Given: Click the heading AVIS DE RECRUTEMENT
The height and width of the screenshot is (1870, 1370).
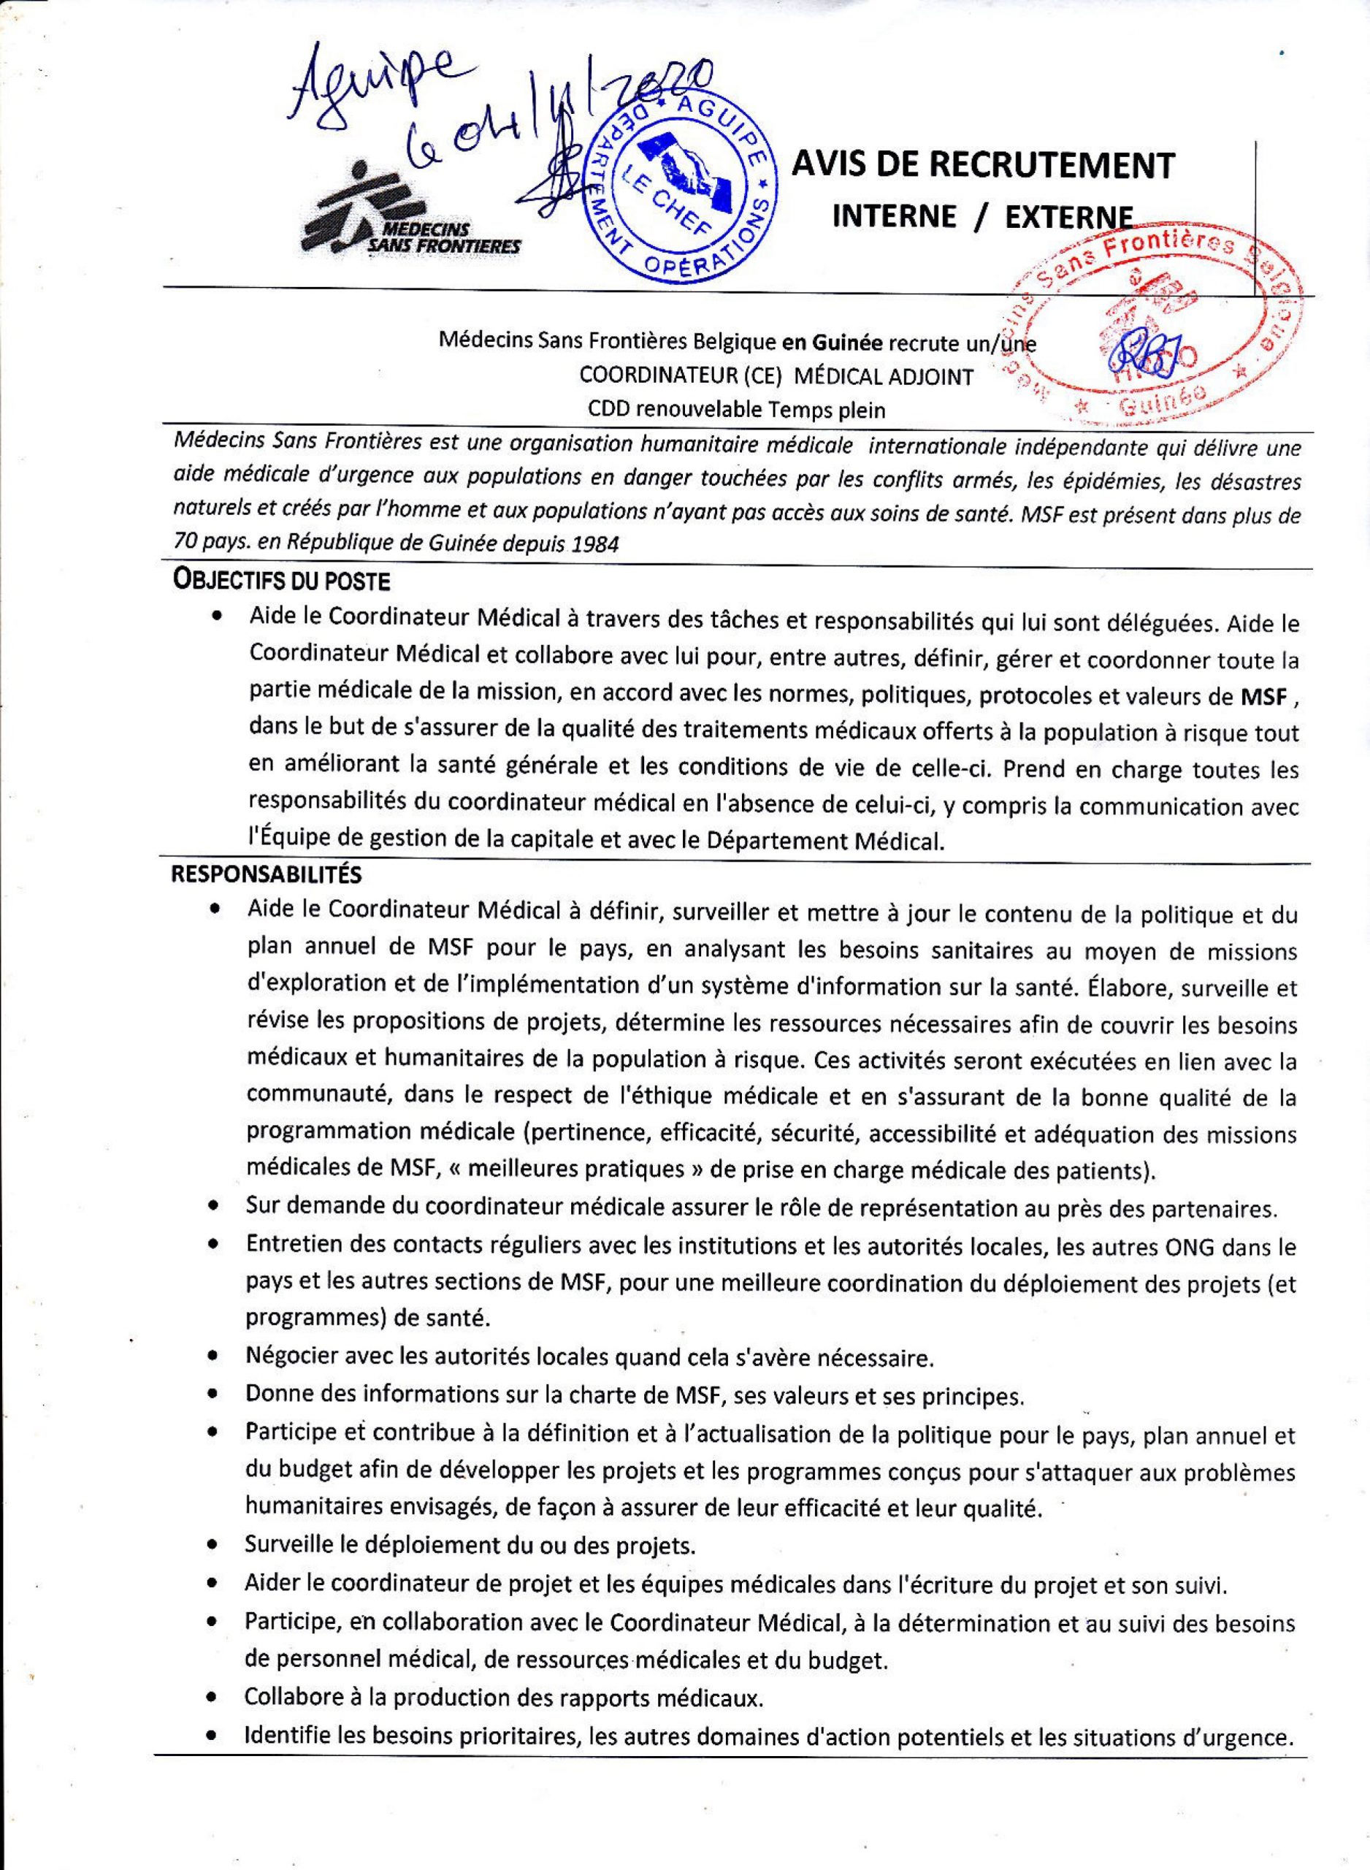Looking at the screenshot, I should click(x=984, y=165).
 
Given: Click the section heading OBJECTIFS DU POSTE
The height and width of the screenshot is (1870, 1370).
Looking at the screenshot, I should click(x=280, y=581).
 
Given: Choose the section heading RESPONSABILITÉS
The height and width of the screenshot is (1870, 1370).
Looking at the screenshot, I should click(x=265, y=874).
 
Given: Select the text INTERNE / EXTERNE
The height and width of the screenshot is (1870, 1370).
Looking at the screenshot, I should click(x=983, y=217).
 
